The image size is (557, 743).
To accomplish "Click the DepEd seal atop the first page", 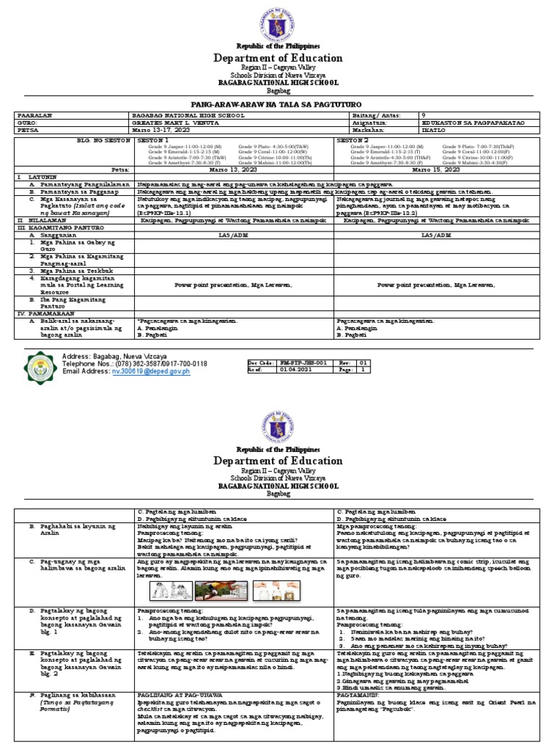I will click(278, 23).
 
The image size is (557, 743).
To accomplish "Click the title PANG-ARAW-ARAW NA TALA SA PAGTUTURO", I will click(278, 104).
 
